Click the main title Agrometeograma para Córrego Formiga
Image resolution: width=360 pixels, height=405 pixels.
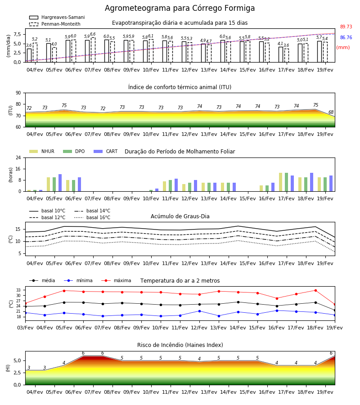(180, 8)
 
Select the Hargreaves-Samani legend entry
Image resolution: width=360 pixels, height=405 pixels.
(57, 17)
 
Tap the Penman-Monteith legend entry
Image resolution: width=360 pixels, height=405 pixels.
(55, 24)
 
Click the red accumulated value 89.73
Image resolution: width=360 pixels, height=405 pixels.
(346, 27)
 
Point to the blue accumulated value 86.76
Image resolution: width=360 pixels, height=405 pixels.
(346, 37)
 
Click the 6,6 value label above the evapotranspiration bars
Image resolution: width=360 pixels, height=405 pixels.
(93, 34)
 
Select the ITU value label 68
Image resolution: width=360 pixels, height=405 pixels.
(331, 112)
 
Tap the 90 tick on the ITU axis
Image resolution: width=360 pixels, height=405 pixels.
(18, 93)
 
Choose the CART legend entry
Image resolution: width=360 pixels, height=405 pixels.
(106, 151)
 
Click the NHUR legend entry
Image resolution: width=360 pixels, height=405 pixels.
(42, 151)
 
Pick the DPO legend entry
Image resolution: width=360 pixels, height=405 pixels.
(74, 151)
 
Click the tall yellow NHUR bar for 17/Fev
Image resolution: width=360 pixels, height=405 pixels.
(280, 182)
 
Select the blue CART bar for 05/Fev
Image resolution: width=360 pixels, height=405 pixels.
(60, 183)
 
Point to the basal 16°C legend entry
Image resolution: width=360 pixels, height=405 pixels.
(92, 217)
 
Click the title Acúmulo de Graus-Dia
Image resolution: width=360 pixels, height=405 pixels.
(180, 216)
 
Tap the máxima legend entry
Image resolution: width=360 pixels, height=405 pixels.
(116, 280)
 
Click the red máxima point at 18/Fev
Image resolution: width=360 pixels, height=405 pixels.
(315, 291)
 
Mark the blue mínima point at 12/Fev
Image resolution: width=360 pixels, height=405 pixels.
(199, 311)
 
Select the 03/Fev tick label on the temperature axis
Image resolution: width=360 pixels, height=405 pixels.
(25, 328)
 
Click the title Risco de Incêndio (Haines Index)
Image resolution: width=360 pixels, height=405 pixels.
(180, 345)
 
